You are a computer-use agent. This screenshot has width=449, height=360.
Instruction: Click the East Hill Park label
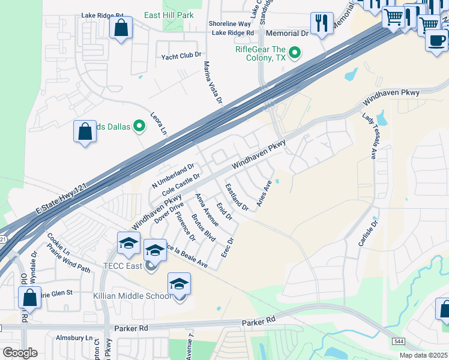[x=169, y=15]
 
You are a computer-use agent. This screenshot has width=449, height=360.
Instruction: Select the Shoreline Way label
[x=229, y=23]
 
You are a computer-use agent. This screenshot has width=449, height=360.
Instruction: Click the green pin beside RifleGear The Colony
[x=294, y=53]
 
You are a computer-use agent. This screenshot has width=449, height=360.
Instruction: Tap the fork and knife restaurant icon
[x=322, y=24]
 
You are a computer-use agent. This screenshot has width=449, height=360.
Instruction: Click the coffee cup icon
[x=436, y=40]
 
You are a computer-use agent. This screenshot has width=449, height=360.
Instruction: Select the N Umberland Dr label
[x=173, y=175]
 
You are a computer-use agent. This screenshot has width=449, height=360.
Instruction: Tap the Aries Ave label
[x=264, y=194]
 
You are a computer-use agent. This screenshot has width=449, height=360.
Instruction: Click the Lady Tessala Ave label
[x=369, y=136]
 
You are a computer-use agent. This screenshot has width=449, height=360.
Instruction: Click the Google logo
[x=20, y=353]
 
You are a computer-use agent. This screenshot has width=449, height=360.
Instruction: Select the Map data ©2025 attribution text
[x=423, y=355]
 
